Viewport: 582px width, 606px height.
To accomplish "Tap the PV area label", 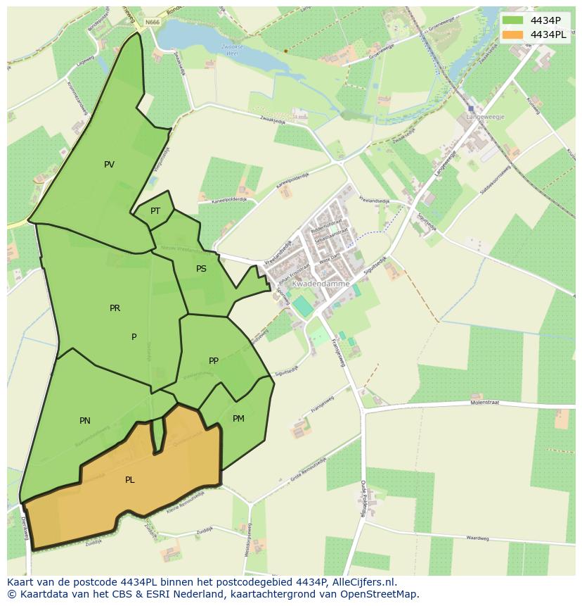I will (x=109, y=165).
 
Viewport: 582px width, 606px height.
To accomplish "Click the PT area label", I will (x=155, y=211).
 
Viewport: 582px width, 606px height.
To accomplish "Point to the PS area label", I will (x=201, y=269).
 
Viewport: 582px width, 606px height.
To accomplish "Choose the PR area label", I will (x=115, y=308).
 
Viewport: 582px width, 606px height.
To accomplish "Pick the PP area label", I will (x=214, y=361).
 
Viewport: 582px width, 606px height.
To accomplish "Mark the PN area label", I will (x=84, y=421).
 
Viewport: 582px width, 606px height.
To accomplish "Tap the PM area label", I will (x=238, y=419).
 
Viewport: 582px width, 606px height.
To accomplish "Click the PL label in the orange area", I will (x=129, y=480).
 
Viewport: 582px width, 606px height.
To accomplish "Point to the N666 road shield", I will (x=153, y=23).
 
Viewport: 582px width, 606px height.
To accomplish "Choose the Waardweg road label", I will (x=477, y=538).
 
